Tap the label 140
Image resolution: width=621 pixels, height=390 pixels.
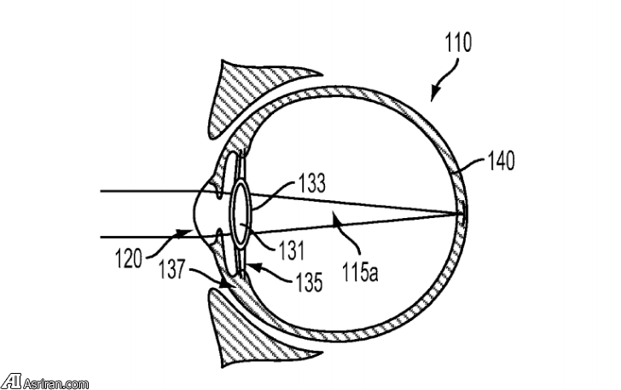click(x=501, y=162)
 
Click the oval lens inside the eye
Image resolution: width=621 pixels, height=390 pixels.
click(x=242, y=210)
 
